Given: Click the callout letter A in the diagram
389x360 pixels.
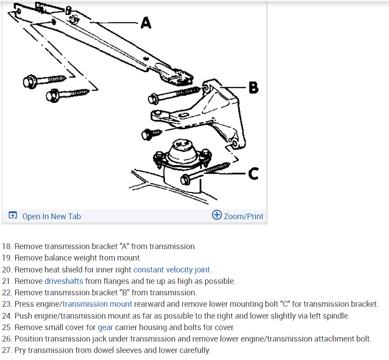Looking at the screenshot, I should (x=146, y=22).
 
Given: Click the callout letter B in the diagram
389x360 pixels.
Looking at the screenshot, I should (x=253, y=88).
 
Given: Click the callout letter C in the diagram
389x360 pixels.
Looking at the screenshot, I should (x=253, y=174).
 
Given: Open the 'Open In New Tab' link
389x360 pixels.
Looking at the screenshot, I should (x=51, y=216).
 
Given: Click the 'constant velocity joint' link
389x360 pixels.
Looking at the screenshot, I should (x=172, y=269).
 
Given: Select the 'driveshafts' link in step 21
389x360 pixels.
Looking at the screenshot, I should (x=64, y=281).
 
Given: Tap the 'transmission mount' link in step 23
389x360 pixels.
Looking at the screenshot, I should (x=97, y=304).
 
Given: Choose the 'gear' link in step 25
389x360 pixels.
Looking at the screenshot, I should (x=106, y=327).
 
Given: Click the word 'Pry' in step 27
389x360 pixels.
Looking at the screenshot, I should (x=20, y=350).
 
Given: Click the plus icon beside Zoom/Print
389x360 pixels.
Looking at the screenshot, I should (x=217, y=215).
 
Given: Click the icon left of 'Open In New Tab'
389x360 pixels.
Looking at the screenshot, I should (x=13, y=216).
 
